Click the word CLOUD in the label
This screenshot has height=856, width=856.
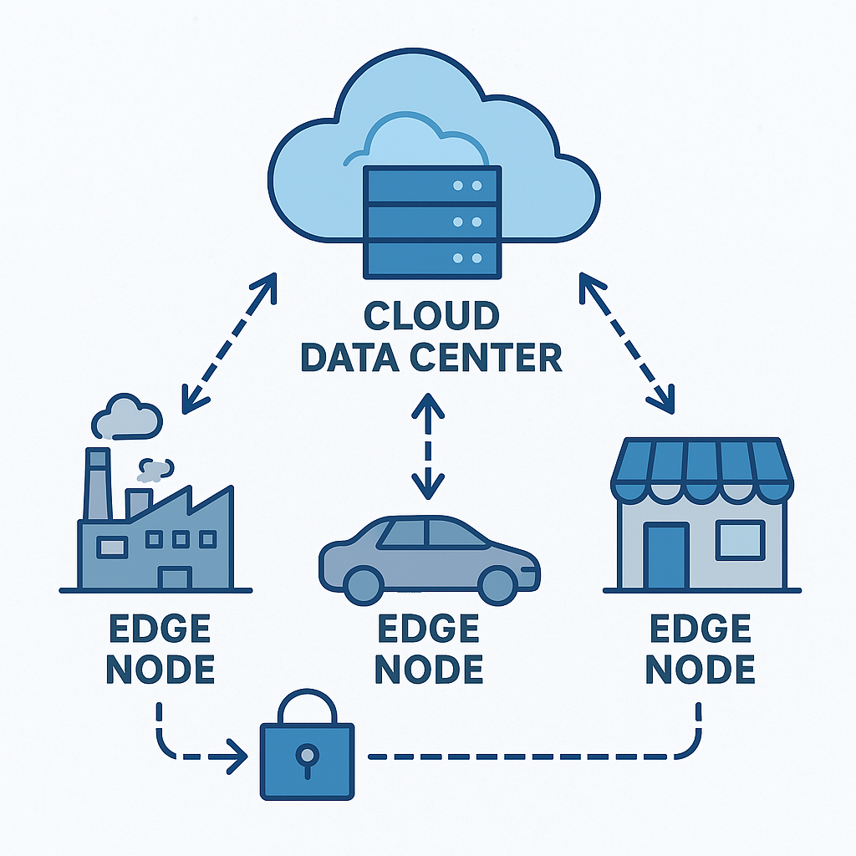(x=431, y=315)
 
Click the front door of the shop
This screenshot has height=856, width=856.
(x=666, y=556)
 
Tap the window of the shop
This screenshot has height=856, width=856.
(x=741, y=541)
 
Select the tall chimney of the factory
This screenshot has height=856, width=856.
(x=99, y=484)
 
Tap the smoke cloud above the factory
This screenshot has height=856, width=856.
(x=127, y=417)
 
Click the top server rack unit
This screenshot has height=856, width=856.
(x=432, y=186)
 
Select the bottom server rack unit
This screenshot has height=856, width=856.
(x=432, y=258)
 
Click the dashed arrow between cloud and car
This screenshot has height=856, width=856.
(x=428, y=446)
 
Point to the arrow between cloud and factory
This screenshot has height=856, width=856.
(x=229, y=343)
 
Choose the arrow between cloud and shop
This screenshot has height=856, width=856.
(x=627, y=343)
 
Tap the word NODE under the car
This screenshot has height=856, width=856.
(x=429, y=670)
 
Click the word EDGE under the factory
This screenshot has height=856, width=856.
(x=160, y=629)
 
